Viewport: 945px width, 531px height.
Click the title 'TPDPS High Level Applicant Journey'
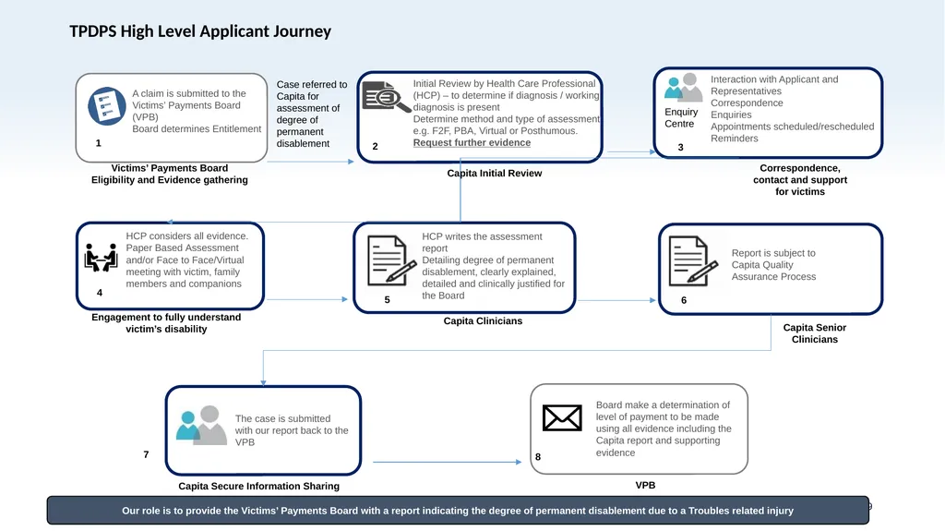(200, 31)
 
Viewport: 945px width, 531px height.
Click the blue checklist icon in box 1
(107, 106)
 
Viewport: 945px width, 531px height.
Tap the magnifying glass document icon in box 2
(386, 97)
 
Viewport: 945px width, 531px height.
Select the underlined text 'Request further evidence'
(472, 143)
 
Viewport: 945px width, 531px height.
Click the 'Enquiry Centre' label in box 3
(681, 117)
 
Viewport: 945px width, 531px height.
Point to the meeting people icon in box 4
(101, 258)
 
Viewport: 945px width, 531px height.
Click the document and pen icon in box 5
(391, 260)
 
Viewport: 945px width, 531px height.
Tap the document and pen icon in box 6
(693, 260)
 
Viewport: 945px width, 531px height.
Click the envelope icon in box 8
(562, 417)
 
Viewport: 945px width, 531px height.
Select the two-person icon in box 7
(201, 426)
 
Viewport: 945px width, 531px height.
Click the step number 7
(146, 454)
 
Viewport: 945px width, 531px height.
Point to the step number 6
(684, 300)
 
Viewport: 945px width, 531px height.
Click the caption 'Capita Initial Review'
(495, 174)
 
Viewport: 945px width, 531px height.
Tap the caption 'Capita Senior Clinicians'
(814, 333)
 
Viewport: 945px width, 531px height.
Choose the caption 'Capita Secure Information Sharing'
(258, 487)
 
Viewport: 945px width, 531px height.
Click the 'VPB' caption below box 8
(645, 485)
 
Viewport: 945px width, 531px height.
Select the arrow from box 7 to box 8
(448, 463)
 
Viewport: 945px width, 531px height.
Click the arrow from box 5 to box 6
(616, 300)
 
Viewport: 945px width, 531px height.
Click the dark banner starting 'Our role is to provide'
(458, 511)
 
